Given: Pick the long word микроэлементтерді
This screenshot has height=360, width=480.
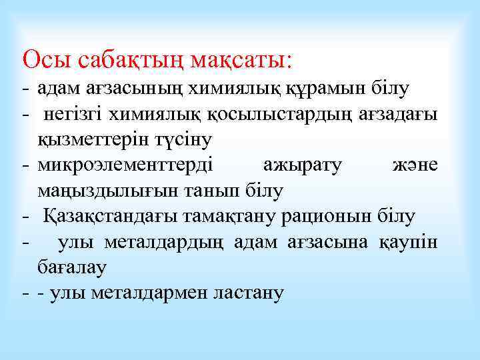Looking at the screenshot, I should [x=126, y=165].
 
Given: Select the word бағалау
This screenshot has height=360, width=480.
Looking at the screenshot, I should [x=72, y=267].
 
